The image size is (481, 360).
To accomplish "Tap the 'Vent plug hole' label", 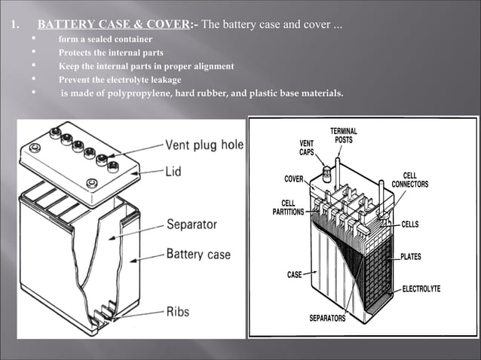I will click(204, 145).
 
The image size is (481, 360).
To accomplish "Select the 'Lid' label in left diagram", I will click(173, 172).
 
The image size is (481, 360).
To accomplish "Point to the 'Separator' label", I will click(191, 224).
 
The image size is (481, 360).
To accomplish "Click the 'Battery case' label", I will click(198, 254).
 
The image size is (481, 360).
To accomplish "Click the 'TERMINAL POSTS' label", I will click(344, 136).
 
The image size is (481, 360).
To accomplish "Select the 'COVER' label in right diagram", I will click(294, 178).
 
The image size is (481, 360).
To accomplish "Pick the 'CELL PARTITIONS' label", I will click(288, 207).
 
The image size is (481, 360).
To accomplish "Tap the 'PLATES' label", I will click(411, 257).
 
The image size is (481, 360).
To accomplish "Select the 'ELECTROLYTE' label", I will click(421, 289).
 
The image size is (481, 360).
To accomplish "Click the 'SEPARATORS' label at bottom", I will click(327, 319).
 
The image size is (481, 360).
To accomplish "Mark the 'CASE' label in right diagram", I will click(294, 275).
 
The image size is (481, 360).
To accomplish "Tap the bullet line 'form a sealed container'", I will click(106, 39).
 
